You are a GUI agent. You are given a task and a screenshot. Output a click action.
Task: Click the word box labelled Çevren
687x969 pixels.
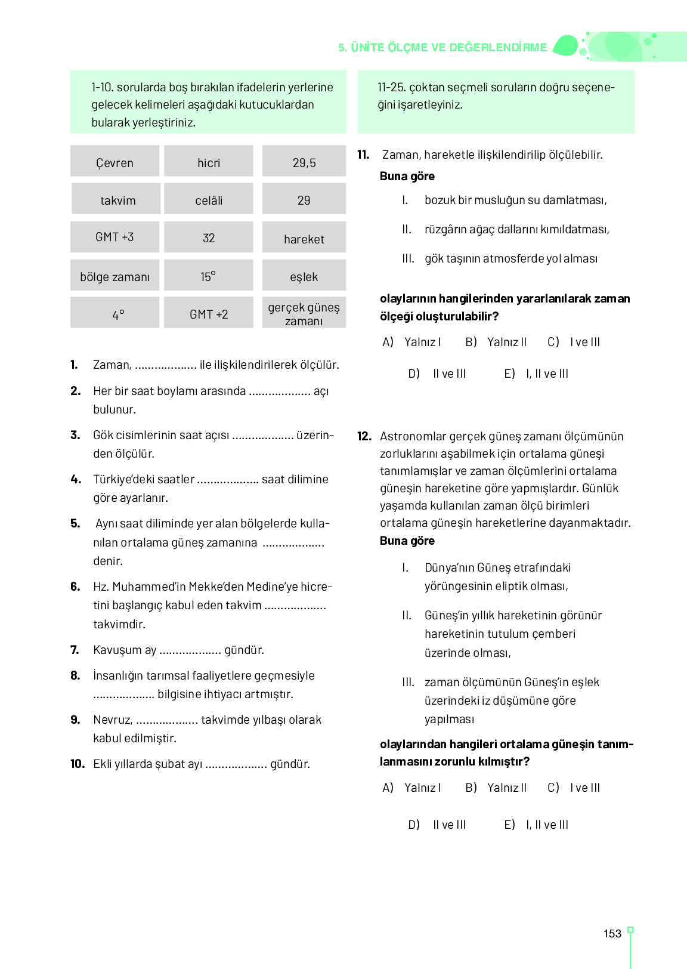click(114, 162)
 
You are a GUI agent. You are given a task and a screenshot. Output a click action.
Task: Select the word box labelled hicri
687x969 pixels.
click(209, 162)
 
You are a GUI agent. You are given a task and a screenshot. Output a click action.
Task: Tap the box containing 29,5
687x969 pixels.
click(304, 162)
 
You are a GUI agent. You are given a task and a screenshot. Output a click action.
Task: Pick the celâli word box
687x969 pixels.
click(209, 199)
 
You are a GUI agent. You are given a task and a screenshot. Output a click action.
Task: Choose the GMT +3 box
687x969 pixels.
click(114, 237)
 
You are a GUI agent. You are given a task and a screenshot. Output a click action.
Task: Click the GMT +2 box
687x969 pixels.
click(209, 313)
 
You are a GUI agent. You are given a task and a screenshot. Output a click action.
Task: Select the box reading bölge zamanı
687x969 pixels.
click(114, 276)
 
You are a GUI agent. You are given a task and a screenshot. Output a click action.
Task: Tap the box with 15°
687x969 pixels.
click(209, 276)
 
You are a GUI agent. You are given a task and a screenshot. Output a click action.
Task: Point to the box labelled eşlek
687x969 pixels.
click(304, 276)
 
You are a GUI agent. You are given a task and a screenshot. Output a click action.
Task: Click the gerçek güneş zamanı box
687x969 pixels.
click(304, 313)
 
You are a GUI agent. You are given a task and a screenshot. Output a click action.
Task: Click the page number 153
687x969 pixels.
click(612, 934)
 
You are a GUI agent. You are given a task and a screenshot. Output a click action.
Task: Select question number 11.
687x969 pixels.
click(363, 155)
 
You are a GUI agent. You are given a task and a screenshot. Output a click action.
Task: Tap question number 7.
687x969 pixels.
click(75, 650)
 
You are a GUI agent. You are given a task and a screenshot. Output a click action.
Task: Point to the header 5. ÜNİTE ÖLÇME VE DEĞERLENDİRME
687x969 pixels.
click(442, 48)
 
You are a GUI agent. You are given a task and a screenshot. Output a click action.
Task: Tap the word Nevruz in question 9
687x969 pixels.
click(112, 720)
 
